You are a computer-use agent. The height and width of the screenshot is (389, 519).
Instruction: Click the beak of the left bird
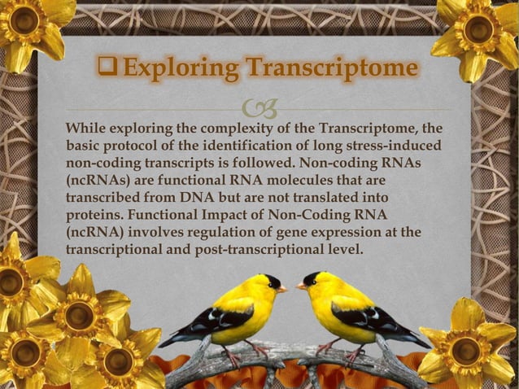point(282,288)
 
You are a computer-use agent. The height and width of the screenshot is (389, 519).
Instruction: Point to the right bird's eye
point(314,281)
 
